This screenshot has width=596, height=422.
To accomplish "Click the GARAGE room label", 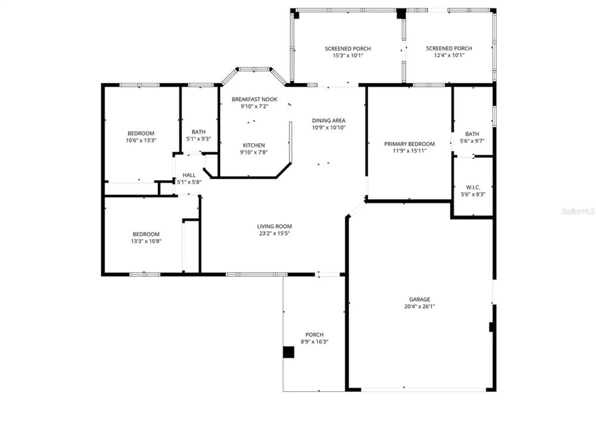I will [419, 299].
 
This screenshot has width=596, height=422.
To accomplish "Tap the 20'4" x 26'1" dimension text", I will [419, 306].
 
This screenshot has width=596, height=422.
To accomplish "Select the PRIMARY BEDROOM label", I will [409, 144].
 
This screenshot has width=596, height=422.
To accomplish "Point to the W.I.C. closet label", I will [473, 187].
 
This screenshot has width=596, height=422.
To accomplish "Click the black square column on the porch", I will [288, 352].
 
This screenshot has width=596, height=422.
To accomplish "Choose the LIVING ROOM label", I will [274, 226].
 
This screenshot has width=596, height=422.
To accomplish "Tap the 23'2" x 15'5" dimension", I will [274, 233].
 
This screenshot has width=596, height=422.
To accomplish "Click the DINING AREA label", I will [328, 120].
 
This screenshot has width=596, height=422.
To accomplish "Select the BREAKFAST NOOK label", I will [254, 99].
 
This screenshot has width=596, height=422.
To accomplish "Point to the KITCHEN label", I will [254, 145].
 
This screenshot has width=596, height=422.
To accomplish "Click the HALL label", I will [189, 175].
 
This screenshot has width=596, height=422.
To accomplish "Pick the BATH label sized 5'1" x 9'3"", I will [198, 132].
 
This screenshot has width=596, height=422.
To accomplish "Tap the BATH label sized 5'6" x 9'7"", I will [472, 134].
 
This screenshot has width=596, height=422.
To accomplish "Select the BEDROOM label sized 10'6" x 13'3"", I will [141, 133].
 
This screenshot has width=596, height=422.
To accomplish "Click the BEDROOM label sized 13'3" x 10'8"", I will [146, 234].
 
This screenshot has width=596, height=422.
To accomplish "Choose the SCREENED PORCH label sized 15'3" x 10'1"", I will [348, 49].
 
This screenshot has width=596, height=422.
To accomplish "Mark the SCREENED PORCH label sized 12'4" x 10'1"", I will [449, 48].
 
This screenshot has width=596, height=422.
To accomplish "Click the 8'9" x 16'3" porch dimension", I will [314, 342].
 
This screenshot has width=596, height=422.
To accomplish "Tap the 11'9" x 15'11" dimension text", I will [409, 151].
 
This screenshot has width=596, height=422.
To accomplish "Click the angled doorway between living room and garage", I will [356, 209].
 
